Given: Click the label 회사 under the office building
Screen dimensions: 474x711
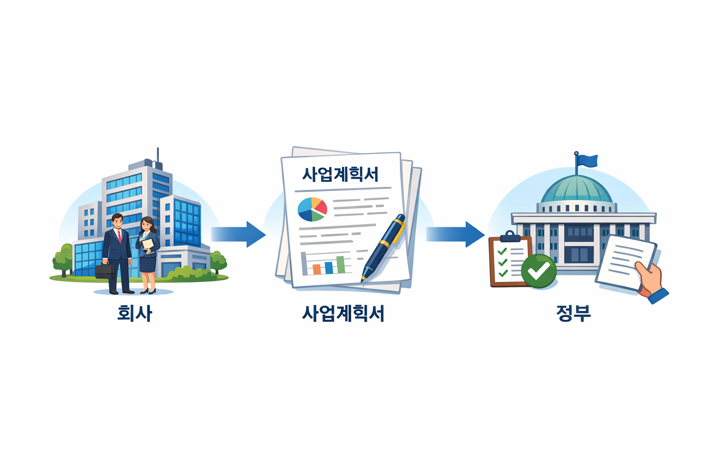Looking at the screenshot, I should [134, 313].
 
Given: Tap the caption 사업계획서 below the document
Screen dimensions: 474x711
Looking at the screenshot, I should [343, 313].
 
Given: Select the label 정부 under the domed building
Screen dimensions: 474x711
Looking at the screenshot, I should [574, 313].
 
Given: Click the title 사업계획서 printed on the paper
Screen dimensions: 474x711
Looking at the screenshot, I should [340, 174].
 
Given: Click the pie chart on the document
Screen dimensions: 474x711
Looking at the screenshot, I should [312, 209].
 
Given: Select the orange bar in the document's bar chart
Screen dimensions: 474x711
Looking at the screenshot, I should [317, 269].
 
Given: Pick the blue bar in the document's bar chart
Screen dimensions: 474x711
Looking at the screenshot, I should [329, 267].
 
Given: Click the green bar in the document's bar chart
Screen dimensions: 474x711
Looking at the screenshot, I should [341, 264].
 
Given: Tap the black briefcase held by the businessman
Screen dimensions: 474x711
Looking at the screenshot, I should [105, 271].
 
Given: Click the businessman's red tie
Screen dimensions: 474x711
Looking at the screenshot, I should [119, 237].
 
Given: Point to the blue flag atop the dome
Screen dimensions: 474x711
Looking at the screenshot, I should [587, 161].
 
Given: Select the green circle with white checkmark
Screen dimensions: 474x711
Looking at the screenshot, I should [538, 271].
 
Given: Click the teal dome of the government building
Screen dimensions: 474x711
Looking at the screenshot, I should [577, 190].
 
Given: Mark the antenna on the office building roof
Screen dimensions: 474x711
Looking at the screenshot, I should [158, 156].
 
